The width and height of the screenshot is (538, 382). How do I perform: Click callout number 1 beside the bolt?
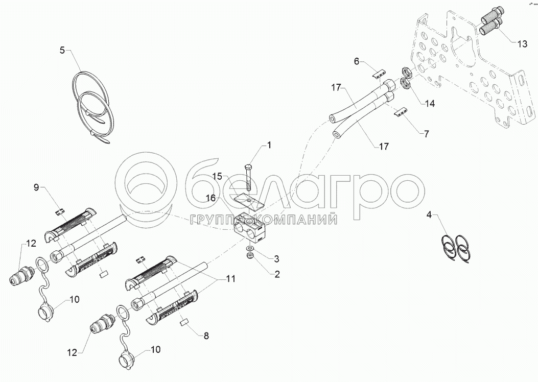pyautogui.click(x=269, y=146)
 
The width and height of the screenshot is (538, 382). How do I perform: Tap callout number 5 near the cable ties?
pyautogui.click(x=62, y=51)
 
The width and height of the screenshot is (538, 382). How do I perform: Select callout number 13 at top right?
pyautogui.click(x=522, y=44)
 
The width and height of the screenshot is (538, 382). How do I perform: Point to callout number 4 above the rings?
pyautogui.click(x=429, y=215)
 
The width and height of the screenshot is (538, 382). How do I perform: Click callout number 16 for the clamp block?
pyautogui.click(x=211, y=198)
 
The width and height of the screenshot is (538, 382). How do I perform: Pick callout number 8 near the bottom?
pyautogui.click(x=206, y=336)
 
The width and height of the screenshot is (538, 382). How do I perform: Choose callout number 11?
pyautogui.click(x=231, y=279)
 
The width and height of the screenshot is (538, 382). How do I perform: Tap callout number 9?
pyautogui.click(x=36, y=187)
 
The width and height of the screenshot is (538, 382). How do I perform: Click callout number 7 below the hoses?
pyautogui.click(x=426, y=134)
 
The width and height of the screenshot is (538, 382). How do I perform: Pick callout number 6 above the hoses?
pyautogui.click(x=357, y=61)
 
